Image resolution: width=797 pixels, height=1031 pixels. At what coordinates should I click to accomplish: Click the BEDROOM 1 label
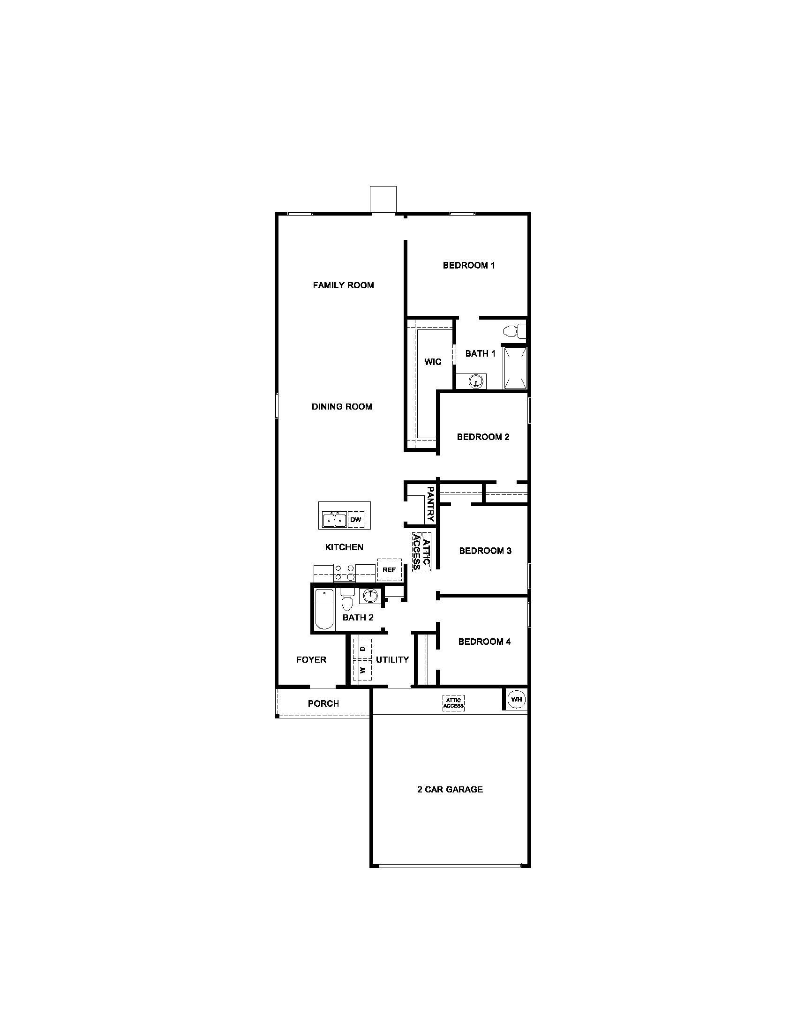468,265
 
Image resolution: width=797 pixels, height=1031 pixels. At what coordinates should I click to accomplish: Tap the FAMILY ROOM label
343,285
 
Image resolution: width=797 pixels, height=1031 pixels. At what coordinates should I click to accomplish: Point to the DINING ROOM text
341,406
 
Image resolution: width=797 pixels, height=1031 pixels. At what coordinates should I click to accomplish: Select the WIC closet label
433,362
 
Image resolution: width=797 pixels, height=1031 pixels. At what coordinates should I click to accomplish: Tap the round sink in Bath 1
477,381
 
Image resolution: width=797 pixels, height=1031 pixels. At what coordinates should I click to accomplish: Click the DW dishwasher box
355,520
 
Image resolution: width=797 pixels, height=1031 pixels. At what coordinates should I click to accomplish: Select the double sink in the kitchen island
334,520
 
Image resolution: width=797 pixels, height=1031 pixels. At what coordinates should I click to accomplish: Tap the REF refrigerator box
389,570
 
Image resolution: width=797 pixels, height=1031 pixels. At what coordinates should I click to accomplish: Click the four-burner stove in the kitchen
345,572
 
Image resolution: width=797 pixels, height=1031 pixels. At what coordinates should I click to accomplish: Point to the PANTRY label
429,504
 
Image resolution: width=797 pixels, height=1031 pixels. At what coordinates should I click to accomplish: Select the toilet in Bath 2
347,600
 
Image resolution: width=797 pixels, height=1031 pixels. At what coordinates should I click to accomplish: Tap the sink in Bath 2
370,596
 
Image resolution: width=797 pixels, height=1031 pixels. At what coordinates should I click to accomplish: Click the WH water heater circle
516,699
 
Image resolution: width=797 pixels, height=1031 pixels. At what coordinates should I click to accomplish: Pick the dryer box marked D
362,649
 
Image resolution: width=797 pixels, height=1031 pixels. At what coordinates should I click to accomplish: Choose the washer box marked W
362,670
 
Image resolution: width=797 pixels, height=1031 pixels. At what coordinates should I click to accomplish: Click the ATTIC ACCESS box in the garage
453,703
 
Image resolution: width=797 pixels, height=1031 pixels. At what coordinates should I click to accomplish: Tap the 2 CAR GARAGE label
450,789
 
